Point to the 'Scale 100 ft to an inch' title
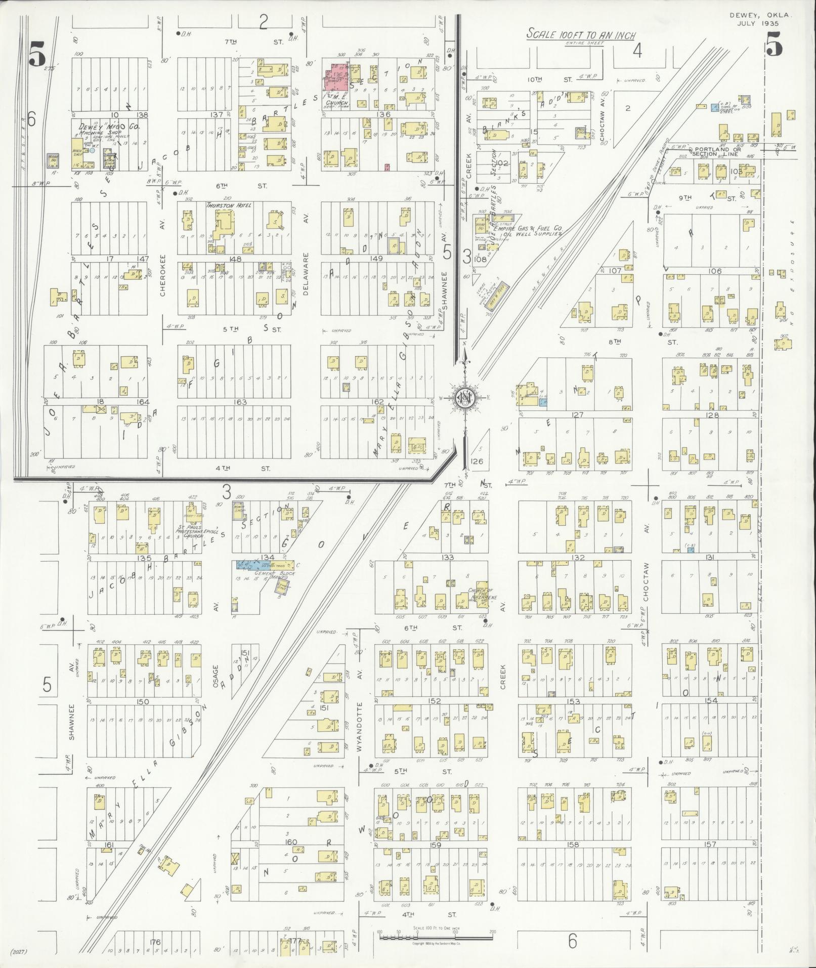click(x=580, y=35)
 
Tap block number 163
click(x=240, y=402)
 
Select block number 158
click(x=573, y=845)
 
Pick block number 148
click(x=235, y=259)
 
